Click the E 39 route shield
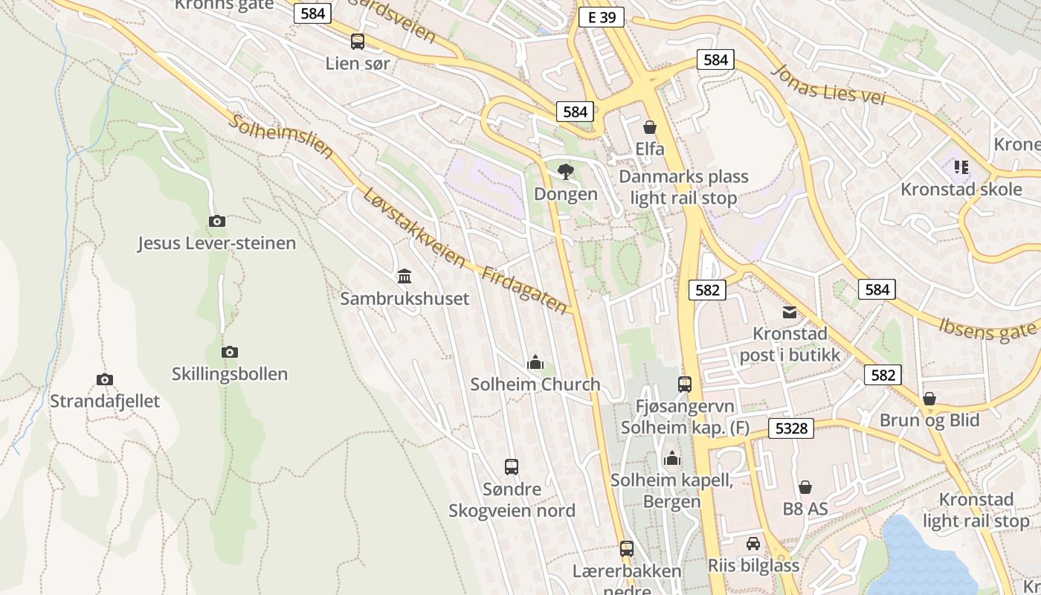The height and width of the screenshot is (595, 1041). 601,18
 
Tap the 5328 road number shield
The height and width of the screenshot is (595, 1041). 791,428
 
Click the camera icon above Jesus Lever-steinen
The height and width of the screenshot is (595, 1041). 217,221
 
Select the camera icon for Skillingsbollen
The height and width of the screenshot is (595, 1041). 230,352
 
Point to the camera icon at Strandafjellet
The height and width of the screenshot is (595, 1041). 105,379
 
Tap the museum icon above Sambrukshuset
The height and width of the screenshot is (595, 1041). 405,277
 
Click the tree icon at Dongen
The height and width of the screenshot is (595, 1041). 566,172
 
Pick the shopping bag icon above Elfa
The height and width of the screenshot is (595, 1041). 650,127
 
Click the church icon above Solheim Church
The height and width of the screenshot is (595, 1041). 535,363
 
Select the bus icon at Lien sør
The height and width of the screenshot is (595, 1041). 358,42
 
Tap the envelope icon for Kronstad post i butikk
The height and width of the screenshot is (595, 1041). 789,312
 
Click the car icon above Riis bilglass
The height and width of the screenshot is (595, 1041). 753,544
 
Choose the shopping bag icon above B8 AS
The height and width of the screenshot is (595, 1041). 805,487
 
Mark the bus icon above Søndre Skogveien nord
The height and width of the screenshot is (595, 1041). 512,467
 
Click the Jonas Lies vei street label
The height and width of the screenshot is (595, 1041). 828,84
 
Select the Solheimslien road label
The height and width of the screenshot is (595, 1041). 280,135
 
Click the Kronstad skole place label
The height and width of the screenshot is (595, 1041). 961,189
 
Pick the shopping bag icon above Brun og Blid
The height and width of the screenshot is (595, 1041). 929,399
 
